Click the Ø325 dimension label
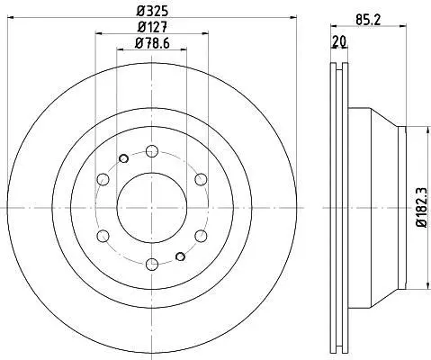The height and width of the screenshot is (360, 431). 152,12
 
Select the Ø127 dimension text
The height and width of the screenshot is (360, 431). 152,27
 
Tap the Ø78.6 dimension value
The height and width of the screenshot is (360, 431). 152,43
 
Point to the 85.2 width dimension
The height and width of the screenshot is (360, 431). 368,20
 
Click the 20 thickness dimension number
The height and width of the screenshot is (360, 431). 339,41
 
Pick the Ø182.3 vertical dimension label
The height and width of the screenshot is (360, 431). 422,207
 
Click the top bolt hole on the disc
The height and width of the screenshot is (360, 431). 152,151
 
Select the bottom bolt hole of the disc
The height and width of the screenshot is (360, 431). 152,264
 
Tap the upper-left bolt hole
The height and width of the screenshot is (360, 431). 103,179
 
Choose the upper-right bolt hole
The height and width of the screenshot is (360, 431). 201,179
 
